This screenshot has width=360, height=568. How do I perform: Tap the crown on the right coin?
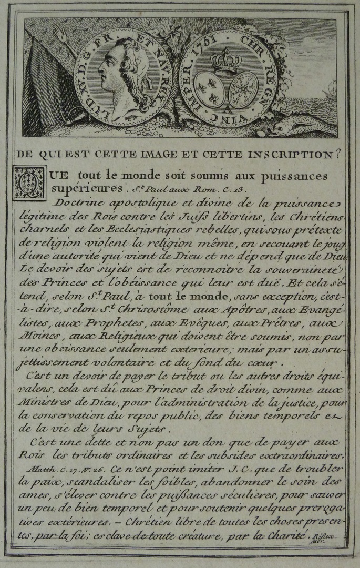click(226, 61)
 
